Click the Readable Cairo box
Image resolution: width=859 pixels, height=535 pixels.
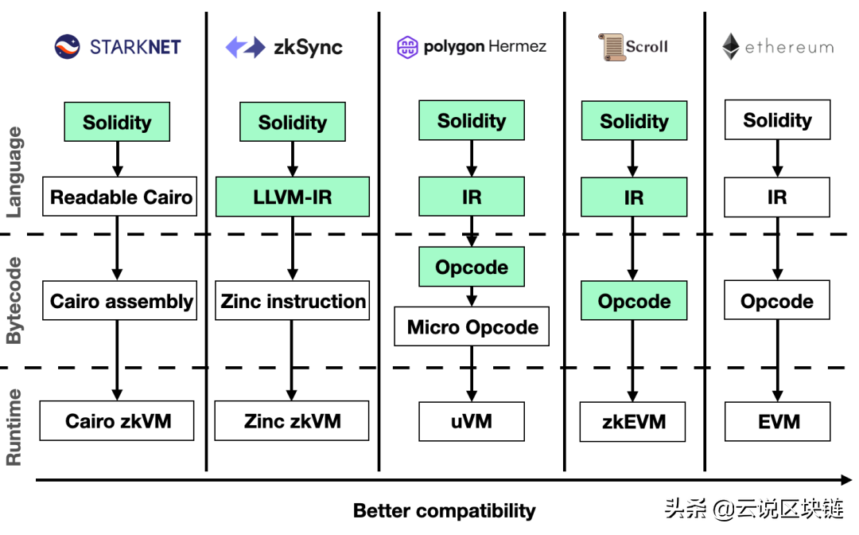(x=120, y=197)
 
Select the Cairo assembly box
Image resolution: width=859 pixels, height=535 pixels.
(x=120, y=301)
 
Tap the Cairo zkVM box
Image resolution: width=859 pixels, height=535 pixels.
(x=118, y=421)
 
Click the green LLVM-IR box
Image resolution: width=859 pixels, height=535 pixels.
(x=292, y=197)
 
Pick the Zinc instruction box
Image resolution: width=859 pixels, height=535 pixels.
(x=293, y=301)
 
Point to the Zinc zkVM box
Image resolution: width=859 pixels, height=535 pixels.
(x=292, y=421)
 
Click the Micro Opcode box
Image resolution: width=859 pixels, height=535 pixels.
(x=472, y=326)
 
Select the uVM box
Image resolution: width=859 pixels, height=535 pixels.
(x=472, y=421)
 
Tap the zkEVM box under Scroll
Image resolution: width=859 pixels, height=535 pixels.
(x=633, y=422)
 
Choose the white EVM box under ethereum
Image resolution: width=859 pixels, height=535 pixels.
(x=777, y=421)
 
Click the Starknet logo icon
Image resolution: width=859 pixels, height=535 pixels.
(x=68, y=47)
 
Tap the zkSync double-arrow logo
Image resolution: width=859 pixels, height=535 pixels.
(x=245, y=47)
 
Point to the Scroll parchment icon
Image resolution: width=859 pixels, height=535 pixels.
(x=611, y=47)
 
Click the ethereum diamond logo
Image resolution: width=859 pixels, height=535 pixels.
(x=730, y=47)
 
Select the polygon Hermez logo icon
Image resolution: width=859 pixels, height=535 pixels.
(x=407, y=47)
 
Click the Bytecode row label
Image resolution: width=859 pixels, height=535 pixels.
(x=14, y=301)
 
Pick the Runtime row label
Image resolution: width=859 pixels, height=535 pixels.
(x=14, y=427)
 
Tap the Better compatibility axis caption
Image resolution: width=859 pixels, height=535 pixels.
(x=444, y=510)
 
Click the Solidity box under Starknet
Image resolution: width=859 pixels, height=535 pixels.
(x=117, y=122)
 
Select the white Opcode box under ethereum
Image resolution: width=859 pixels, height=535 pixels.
(x=777, y=301)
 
